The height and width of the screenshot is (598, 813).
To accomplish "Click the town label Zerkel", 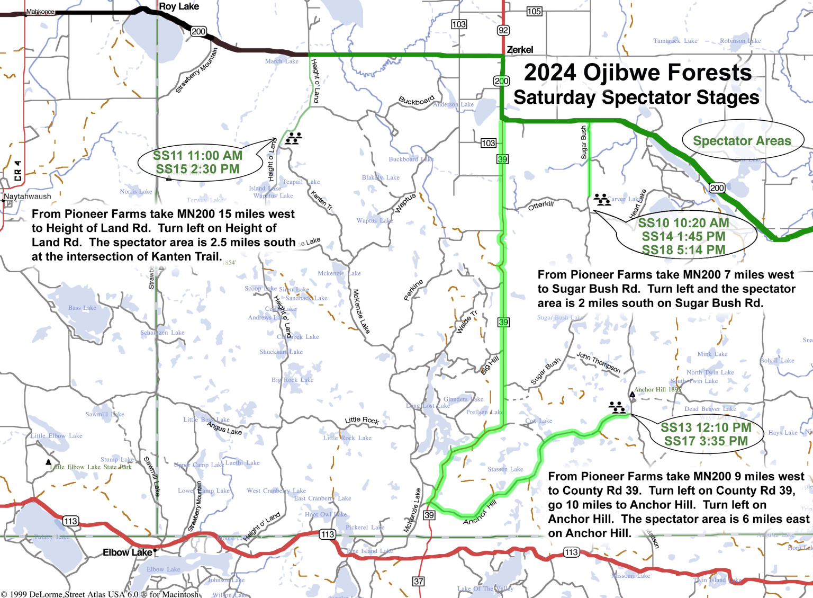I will point(520,50).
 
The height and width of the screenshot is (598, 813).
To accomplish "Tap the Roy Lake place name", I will point(179,6).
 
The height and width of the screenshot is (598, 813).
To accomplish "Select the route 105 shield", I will point(534,11).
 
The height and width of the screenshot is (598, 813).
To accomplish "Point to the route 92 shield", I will point(503,30).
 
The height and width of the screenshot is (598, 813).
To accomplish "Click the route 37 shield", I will point(418,581).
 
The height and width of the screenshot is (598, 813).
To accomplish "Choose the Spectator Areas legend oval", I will point(742,141).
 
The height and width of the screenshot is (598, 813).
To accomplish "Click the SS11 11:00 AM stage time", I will point(197,155).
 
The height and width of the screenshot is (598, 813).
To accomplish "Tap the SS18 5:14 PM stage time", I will point(683,250).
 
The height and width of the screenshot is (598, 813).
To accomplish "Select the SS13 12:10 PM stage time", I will point(706,427).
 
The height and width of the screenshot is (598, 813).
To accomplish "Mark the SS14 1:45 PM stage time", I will point(683,236).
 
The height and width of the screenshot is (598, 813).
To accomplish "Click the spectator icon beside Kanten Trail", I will point(293,139).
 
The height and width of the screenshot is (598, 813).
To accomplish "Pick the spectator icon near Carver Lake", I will point(601,200).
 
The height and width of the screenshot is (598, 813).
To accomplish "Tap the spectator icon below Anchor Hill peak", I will point(617,407).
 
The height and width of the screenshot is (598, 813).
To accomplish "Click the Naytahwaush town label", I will point(28,197).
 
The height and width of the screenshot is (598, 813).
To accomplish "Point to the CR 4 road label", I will point(17,171).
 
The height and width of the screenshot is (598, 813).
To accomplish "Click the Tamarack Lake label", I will point(675,41).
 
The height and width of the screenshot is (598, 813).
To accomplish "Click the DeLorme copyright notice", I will point(100,594).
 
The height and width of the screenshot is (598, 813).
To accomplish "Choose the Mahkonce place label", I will point(40,12).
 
